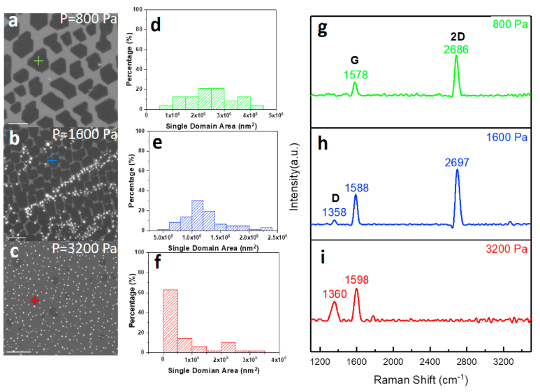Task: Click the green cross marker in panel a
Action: (x=38, y=61)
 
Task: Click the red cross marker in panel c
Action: (x=36, y=300)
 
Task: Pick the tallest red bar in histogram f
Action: (x=170, y=310)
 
